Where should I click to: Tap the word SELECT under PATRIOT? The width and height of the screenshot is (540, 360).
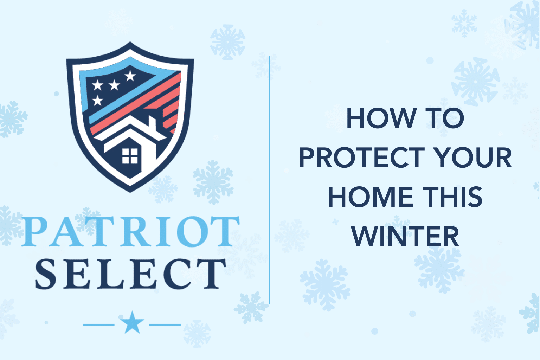[130, 274]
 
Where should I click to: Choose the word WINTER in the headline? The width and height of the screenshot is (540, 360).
[405, 237]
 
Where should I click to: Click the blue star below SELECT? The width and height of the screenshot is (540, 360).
[132, 323]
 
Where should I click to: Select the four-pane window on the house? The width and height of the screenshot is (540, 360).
[130, 156]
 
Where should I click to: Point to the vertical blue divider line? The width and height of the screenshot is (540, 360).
[269, 179]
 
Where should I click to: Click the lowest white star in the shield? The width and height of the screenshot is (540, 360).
[97, 101]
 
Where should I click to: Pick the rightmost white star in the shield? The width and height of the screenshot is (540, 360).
[130, 75]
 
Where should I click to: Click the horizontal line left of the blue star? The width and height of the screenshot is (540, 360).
[98, 325]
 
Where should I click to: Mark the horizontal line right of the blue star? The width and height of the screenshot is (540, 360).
[165, 325]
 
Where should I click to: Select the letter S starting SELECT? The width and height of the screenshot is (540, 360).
[46, 274]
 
